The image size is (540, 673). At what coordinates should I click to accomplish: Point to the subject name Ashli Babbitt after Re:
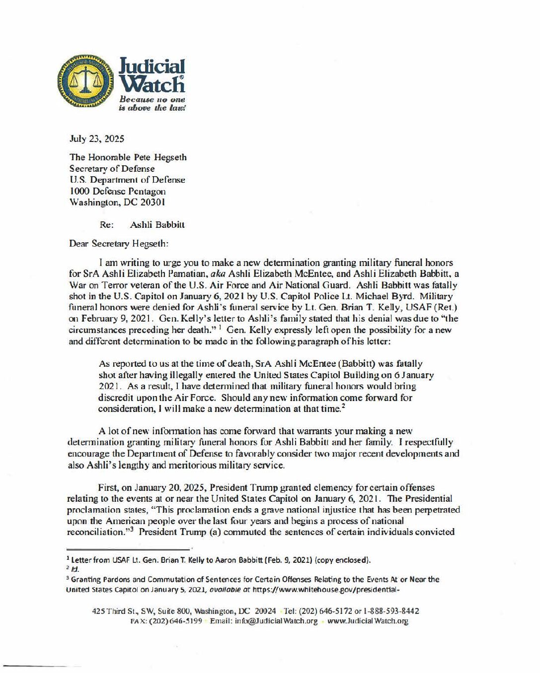(x=157, y=225)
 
